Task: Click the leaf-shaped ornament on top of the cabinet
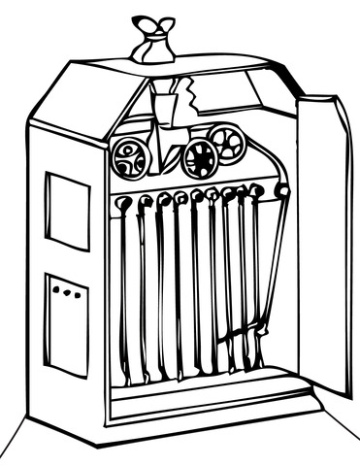[x=152, y=27]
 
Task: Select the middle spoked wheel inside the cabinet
[x=199, y=158]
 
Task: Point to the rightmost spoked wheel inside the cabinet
[x=230, y=146]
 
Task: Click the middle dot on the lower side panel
[x=66, y=291]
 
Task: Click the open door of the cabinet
[x=323, y=243]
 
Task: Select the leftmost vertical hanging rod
[x=123, y=291]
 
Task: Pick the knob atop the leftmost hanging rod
[x=124, y=203]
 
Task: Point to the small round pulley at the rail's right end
[x=282, y=191]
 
